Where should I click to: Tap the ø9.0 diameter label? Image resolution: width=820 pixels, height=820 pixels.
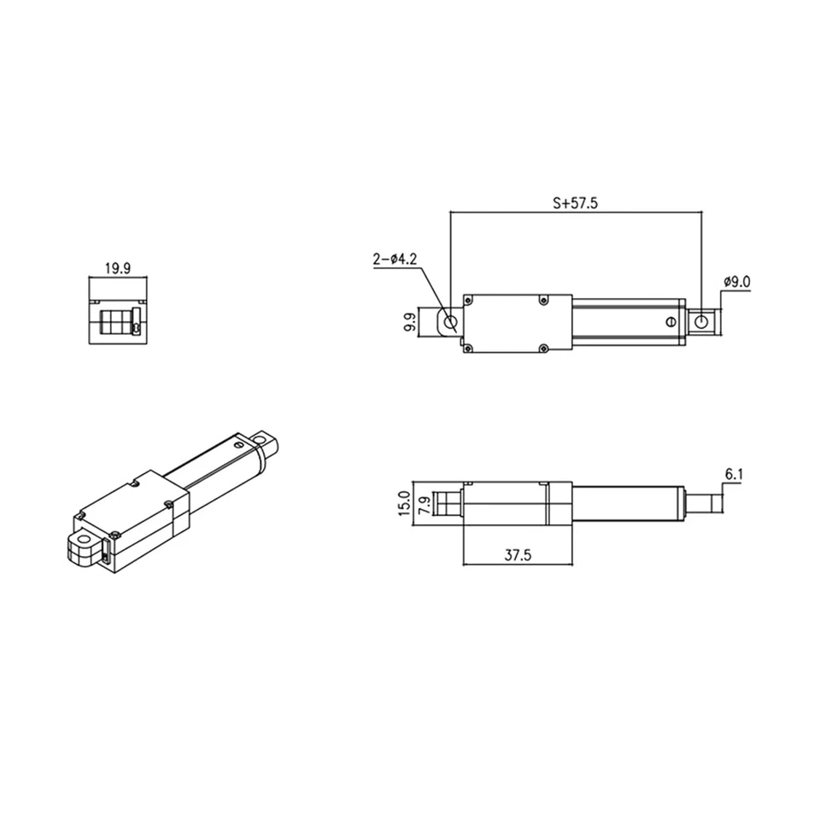[x=736, y=281]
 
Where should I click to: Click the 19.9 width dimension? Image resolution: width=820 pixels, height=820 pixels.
[x=117, y=267]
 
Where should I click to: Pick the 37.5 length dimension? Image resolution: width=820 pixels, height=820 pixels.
[x=517, y=554]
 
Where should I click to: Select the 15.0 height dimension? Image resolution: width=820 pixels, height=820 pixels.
[x=404, y=503]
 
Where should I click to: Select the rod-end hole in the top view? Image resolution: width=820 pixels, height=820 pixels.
[x=701, y=321]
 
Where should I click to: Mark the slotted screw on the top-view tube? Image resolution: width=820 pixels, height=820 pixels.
[x=670, y=321]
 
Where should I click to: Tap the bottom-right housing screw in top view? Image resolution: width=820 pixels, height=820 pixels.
[x=543, y=348]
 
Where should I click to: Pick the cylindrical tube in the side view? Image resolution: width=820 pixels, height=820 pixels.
[x=628, y=502]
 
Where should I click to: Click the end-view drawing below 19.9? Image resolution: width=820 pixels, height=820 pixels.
[x=118, y=321]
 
